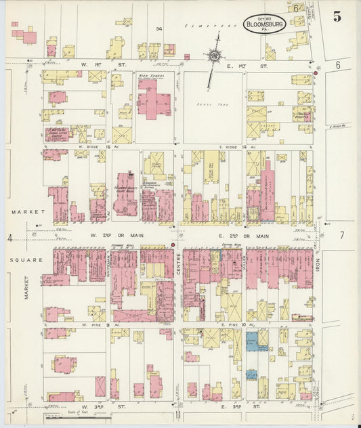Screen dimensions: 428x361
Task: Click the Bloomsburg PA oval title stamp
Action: click(265, 24)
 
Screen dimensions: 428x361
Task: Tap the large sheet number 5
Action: click(337, 17)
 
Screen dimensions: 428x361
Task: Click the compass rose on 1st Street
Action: click(215, 55)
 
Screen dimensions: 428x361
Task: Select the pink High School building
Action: click(154, 98)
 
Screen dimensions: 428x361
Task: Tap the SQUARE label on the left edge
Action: click(21, 259)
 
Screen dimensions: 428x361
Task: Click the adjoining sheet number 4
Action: click(10, 237)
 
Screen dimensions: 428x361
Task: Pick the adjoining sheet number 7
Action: click(342, 236)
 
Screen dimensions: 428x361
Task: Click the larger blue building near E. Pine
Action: click(251, 341)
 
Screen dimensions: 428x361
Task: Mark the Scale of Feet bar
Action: click(80, 415)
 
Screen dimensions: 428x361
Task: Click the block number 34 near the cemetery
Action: click(159, 28)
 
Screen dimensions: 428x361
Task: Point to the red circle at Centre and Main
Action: click(173, 244)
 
